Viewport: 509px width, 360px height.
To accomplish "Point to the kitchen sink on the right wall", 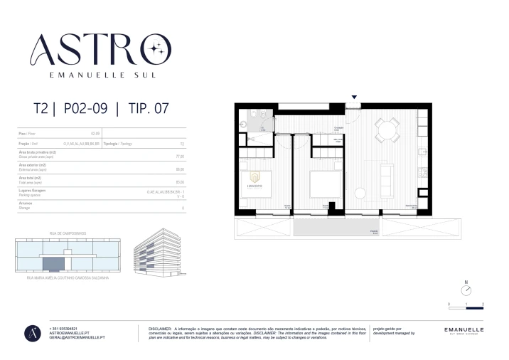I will pos(423,152).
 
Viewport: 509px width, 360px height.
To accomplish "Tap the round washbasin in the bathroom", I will pos(244,123).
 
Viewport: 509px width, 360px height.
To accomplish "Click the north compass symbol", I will pos(466,290).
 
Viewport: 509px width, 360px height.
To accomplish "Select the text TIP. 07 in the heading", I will pos(149,109).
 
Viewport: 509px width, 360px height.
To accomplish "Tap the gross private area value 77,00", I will pos(180,156).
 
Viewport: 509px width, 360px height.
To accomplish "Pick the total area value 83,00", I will pos(180,181).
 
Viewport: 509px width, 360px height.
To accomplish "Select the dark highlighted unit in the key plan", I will pos(53,265).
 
